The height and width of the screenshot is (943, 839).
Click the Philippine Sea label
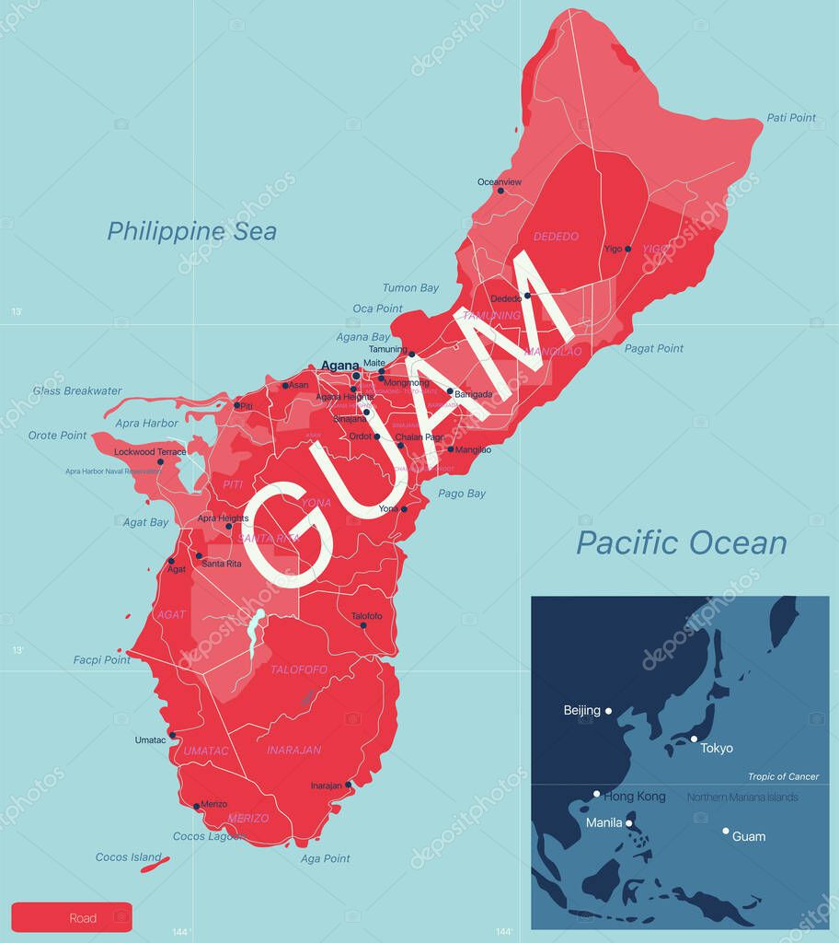click(191, 230)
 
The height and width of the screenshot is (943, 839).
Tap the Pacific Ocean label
click(681, 542)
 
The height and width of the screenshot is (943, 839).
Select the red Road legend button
click(72, 917)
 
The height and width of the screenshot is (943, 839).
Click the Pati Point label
click(791, 118)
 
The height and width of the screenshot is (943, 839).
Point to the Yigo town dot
click(628, 249)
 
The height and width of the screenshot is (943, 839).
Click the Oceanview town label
click(500, 182)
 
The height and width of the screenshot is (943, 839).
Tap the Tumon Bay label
click(410, 288)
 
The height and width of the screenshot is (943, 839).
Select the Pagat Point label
click(654, 348)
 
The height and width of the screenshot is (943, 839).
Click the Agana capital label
click(339, 366)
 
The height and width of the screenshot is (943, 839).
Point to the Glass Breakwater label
click(77, 390)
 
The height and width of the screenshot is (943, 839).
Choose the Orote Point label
click(57, 435)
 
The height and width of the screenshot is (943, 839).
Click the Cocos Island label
click(129, 857)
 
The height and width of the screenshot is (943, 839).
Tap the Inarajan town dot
click(348, 786)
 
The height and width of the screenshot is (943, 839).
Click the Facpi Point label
click(102, 659)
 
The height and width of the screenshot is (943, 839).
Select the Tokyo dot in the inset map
click(694, 739)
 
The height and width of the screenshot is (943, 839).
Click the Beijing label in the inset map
click(582, 710)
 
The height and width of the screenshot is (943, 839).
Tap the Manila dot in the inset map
click(629, 823)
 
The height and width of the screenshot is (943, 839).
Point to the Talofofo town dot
click(363, 625)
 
